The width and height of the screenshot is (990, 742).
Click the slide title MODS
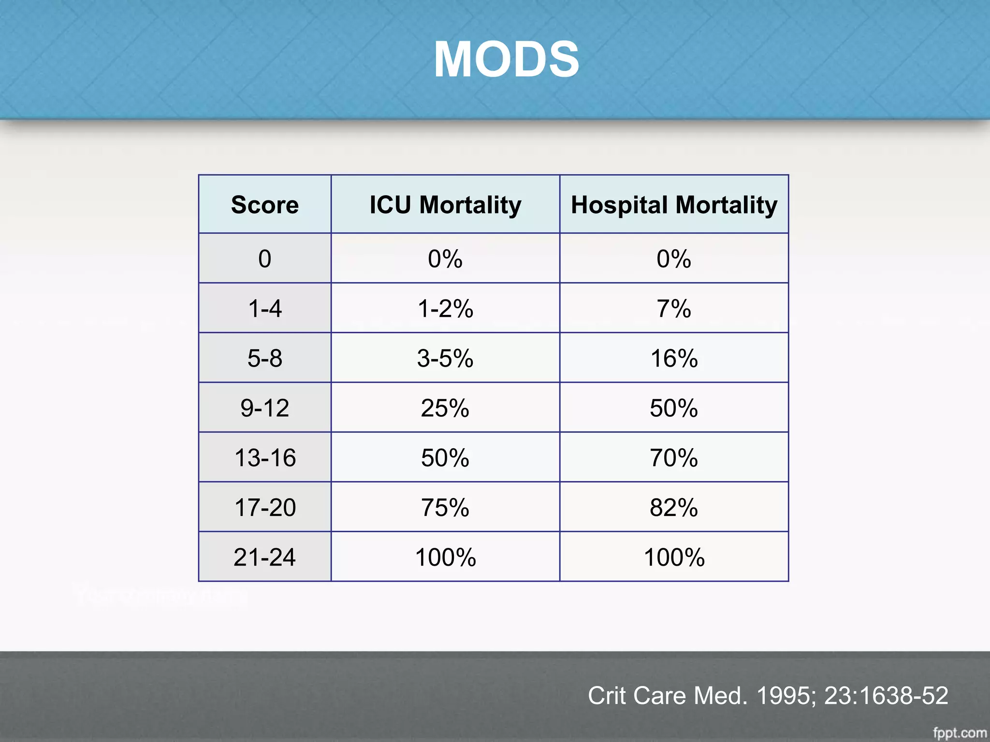pyautogui.click(x=506, y=59)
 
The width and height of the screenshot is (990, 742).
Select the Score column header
pyautogui.click(x=265, y=205)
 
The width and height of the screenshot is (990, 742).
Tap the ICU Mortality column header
pyautogui.click(x=445, y=205)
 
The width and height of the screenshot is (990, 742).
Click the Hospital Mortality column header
pyautogui.click(x=674, y=205)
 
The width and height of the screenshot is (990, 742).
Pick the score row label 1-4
pyautogui.click(x=265, y=308)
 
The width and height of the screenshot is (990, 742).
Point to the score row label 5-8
pyautogui.click(x=265, y=358)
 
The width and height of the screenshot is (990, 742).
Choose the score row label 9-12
pyautogui.click(x=265, y=408)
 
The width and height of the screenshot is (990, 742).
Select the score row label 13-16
pyautogui.click(x=265, y=457)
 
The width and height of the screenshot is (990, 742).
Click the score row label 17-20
pyautogui.click(x=265, y=507)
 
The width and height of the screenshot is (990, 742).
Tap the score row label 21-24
pyautogui.click(x=265, y=557)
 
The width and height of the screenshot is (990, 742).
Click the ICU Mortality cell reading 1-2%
pyautogui.click(x=445, y=308)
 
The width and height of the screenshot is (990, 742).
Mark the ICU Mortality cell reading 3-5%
pyautogui.click(x=445, y=358)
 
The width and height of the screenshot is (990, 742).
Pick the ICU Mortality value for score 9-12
pyautogui.click(x=445, y=408)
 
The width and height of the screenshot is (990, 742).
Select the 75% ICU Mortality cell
pyautogui.click(x=445, y=507)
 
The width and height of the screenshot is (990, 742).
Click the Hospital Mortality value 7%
pyautogui.click(x=674, y=308)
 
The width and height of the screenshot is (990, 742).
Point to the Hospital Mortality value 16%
pyautogui.click(x=674, y=358)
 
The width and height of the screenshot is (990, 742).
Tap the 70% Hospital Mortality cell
pyautogui.click(x=674, y=457)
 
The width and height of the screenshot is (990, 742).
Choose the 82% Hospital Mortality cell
pyautogui.click(x=674, y=507)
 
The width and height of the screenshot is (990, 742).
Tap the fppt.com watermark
pyautogui.click(x=960, y=733)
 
